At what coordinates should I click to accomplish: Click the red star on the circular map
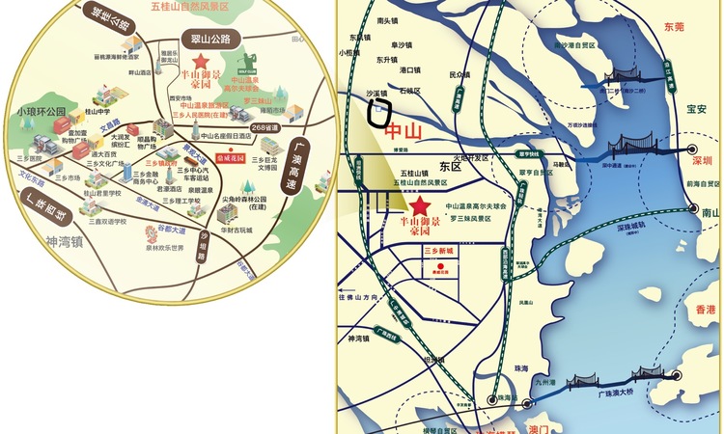click(200, 60)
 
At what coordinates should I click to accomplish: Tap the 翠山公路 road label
click(210, 40)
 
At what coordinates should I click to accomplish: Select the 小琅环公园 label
click(41, 112)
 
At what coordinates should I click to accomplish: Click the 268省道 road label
click(265, 127)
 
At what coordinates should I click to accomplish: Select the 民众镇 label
click(460, 74)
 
